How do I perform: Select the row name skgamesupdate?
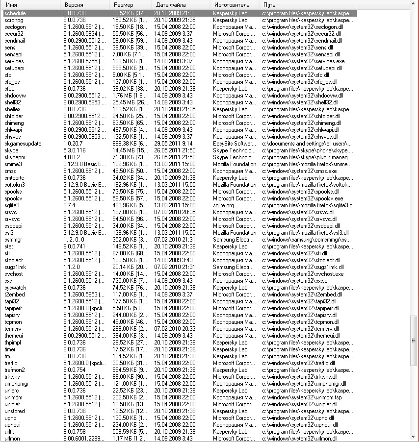[x=23, y=144]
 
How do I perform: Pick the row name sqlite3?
[x=12, y=205]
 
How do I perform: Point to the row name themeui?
[x=14, y=336]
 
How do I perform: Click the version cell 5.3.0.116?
[x=75, y=150]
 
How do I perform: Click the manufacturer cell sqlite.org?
[x=224, y=205]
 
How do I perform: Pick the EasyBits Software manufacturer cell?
[x=234, y=144]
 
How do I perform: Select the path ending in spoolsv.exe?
[x=303, y=198]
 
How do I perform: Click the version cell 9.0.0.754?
[x=75, y=370]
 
